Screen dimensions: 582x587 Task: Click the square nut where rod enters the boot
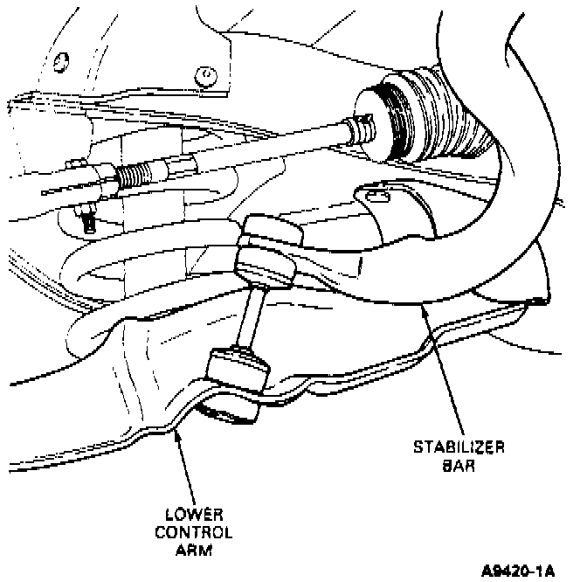tap(358, 131)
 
